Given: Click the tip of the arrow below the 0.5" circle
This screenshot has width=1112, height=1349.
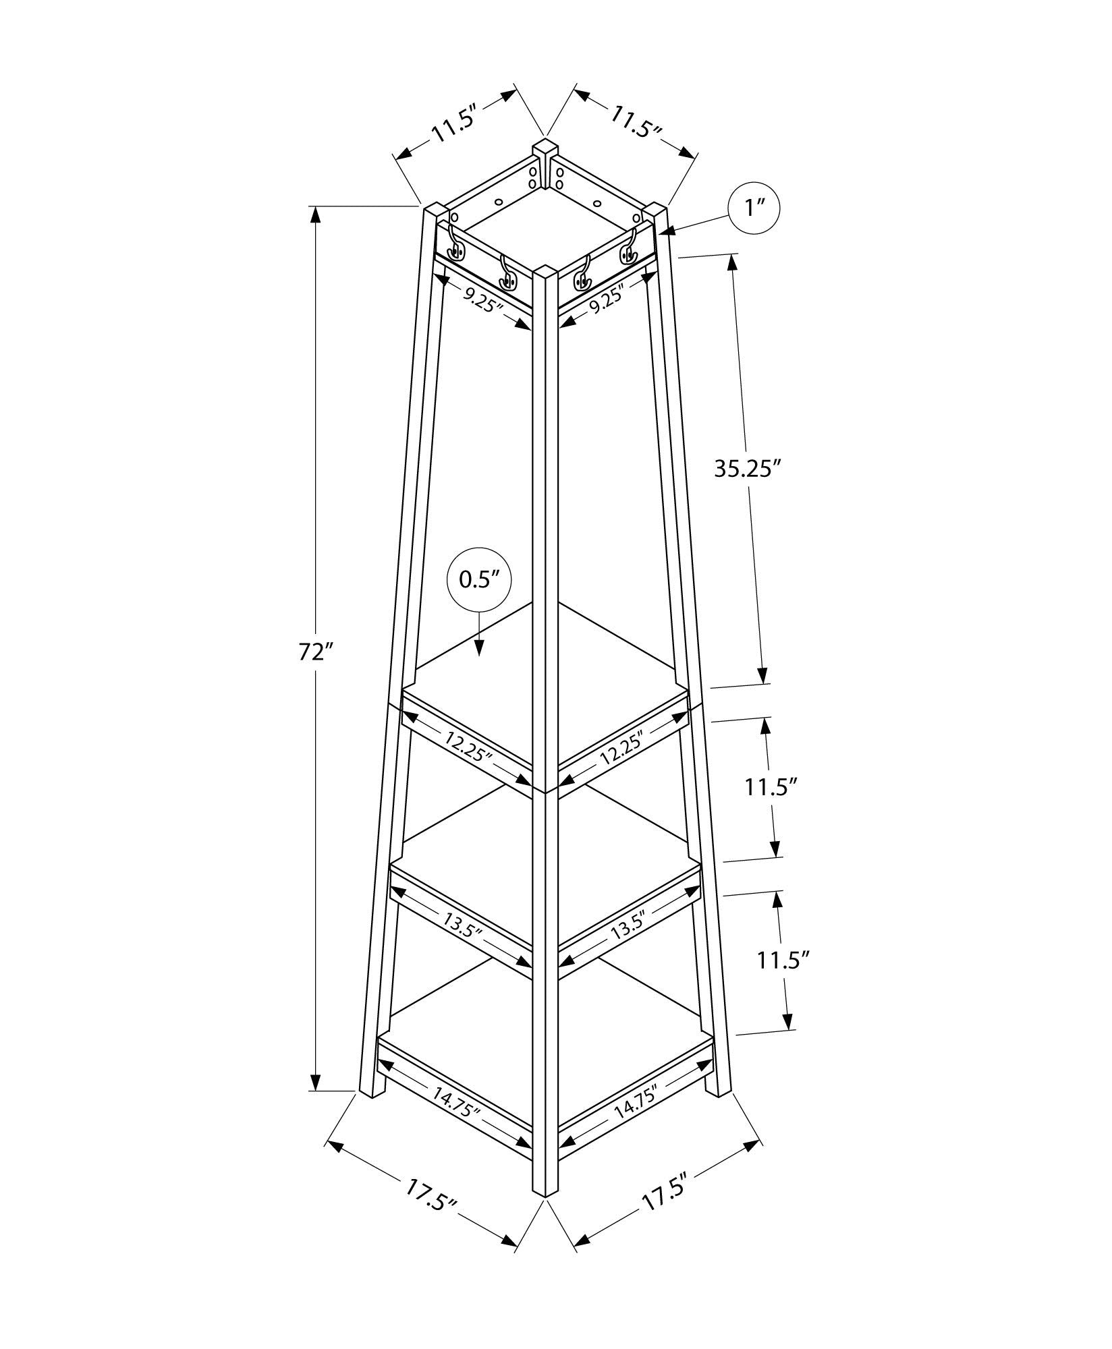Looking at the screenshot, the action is coord(479,655).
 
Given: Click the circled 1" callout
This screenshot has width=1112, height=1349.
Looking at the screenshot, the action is coord(753,209).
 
